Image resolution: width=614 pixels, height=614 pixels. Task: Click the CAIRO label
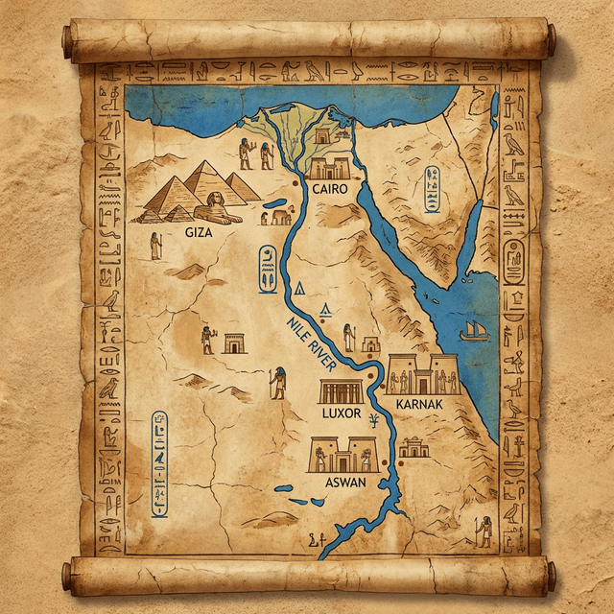pos(328,190)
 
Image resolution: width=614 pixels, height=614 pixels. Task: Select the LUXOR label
pos(342,413)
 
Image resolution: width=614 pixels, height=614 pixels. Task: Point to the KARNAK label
pos(418,405)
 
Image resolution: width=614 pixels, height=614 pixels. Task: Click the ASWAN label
pos(346,482)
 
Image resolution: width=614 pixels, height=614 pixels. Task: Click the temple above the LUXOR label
pos(342,391)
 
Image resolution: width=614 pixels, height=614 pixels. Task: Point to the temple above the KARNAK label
pos(423,374)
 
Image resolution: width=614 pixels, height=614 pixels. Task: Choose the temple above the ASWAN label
pos(341,455)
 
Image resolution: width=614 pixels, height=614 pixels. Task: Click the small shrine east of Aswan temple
pos(414,447)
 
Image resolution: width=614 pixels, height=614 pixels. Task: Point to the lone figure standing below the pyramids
pos(155,246)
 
